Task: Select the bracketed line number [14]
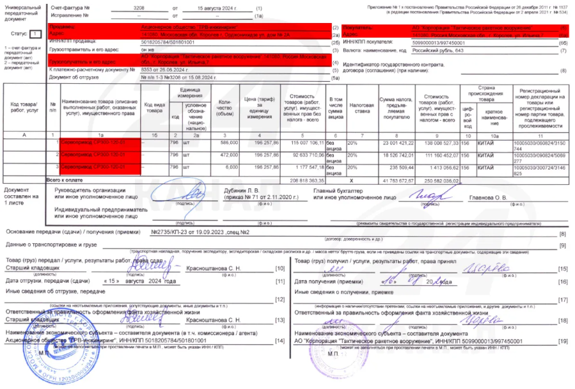(x=279, y=340)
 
